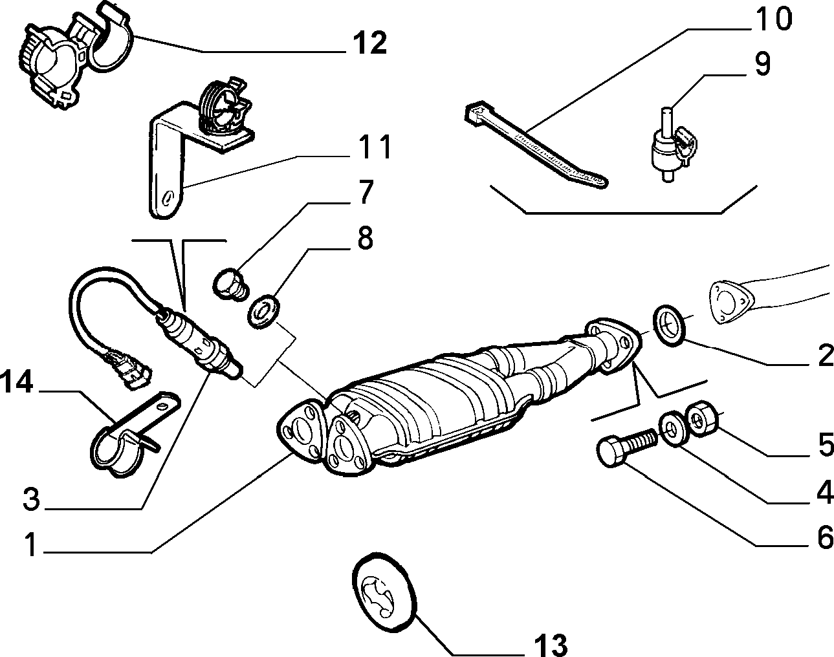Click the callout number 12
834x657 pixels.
pyautogui.click(x=369, y=43)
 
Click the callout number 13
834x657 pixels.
pyautogui.click(x=551, y=645)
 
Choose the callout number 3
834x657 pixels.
pyautogui.click(x=32, y=499)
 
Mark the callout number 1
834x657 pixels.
pyautogui.click(x=30, y=544)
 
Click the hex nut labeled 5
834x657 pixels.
pyautogui.click(x=702, y=419)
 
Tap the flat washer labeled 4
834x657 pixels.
pyautogui.click(x=674, y=429)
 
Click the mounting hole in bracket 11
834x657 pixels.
pyautogui.click(x=167, y=199)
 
